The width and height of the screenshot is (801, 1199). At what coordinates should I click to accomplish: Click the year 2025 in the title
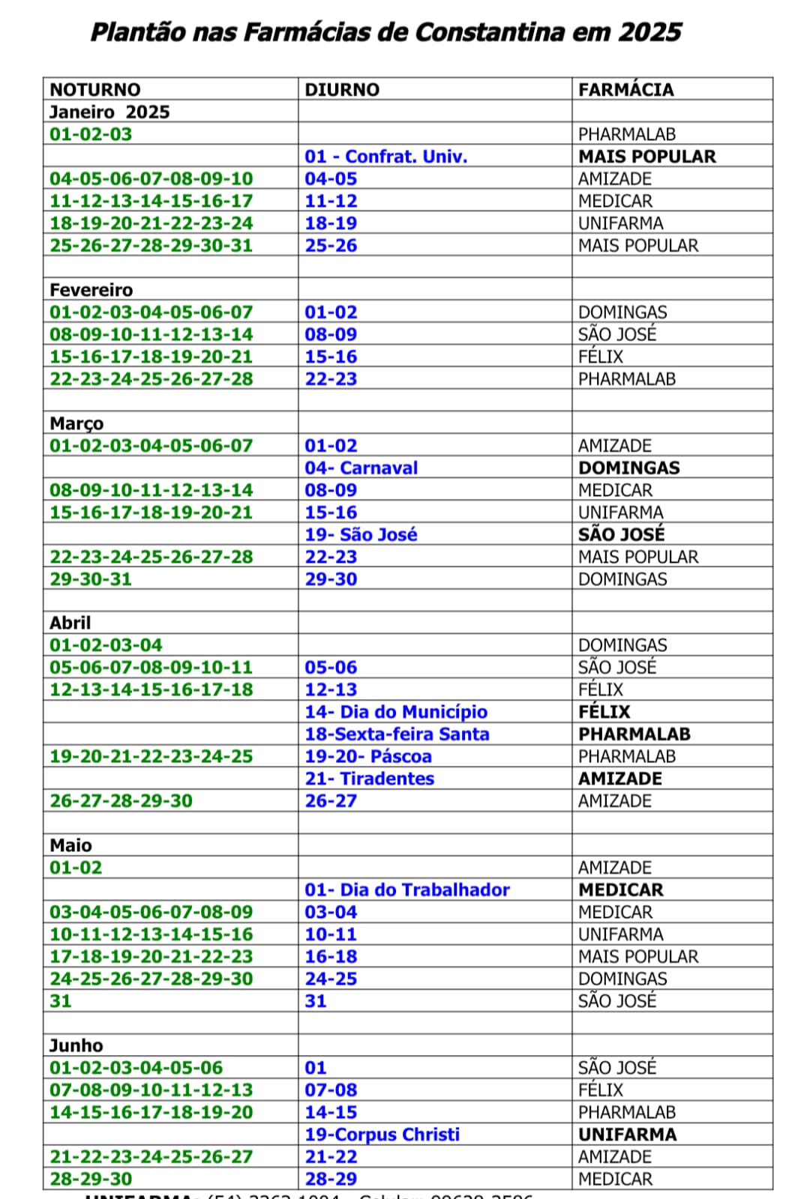(649, 32)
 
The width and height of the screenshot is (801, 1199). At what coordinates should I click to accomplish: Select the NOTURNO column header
(94, 90)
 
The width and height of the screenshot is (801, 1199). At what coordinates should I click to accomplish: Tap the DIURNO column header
(342, 90)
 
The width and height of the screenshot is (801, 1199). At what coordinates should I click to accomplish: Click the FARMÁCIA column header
(625, 90)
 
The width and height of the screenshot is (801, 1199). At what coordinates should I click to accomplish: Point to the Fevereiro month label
(91, 290)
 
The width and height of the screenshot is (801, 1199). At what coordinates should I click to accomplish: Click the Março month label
(76, 423)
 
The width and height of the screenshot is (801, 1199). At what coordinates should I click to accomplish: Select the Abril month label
(70, 623)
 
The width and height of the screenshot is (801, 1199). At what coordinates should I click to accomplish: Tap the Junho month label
(76, 1045)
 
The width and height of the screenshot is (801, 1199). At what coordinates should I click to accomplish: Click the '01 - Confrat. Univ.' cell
(385, 157)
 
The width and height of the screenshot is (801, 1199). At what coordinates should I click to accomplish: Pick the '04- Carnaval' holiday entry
(361, 468)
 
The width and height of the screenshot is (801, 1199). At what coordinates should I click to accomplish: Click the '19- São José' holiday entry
(361, 535)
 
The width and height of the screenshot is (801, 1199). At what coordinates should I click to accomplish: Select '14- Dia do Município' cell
(396, 712)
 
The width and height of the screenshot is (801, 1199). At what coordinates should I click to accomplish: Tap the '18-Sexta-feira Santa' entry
(397, 734)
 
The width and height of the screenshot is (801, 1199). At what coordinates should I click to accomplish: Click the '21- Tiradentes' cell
(369, 779)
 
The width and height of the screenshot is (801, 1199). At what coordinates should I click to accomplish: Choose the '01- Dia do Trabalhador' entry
(406, 890)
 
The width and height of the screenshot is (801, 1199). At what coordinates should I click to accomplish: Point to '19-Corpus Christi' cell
(382, 1135)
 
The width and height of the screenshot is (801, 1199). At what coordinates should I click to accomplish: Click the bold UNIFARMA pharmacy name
(627, 1135)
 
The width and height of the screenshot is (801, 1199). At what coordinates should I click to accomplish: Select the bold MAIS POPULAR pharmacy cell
(646, 157)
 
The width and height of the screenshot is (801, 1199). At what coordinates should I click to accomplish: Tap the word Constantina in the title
(490, 32)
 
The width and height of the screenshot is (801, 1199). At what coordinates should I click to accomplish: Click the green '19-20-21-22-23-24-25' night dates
(151, 757)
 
